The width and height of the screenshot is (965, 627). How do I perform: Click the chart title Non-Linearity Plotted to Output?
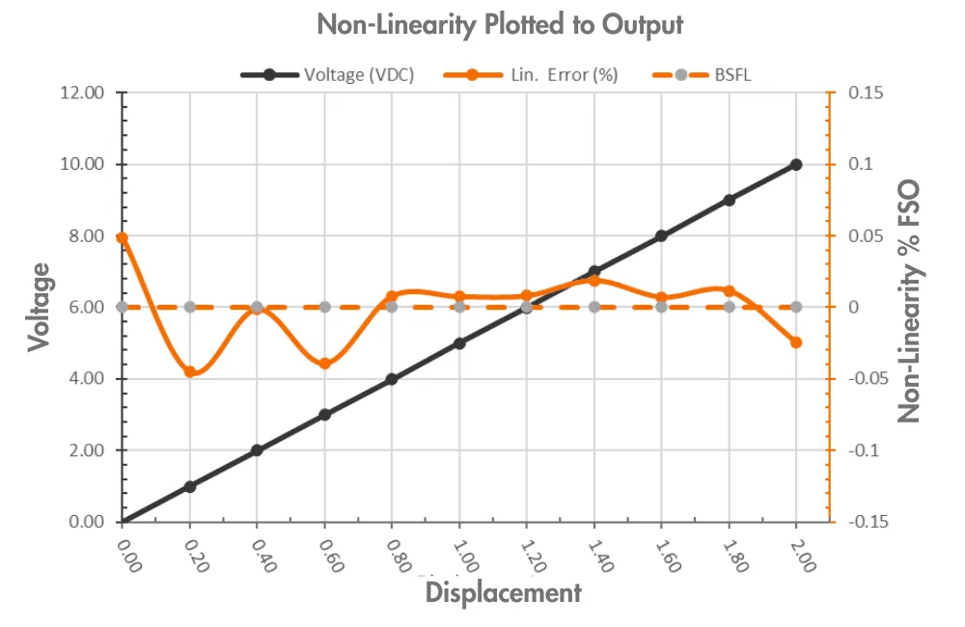pyautogui.click(x=499, y=25)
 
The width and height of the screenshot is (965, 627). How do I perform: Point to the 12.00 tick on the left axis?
pyautogui.click(x=81, y=94)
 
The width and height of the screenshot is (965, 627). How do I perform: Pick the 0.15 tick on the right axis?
pyautogui.click(x=867, y=94)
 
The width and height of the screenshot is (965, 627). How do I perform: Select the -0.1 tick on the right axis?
pyautogui.click(x=865, y=450)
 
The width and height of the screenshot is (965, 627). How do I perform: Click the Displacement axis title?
pyautogui.click(x=504, y=592)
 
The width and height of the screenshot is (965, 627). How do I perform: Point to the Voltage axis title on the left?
pyautogui.click(x=39, y=308)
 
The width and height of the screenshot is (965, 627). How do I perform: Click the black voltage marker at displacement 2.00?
pyautogui.click(x=796, y=165)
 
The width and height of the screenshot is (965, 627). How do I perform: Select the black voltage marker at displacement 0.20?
pyautogui.click(x=190, y=486)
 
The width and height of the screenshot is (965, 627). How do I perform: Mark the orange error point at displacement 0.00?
pyautogui.click(x=123, y=237)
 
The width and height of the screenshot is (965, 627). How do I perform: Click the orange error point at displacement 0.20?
pyautogui.click(x=190, y=372)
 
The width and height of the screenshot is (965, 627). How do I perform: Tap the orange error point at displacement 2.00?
pyautogui.click(x=796, y=342)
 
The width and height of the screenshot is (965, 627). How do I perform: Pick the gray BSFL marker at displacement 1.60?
pyautogui.click(x=661, y=307)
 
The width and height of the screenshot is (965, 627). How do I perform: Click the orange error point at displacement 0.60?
pyautogui.click(x=325, y=364)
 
